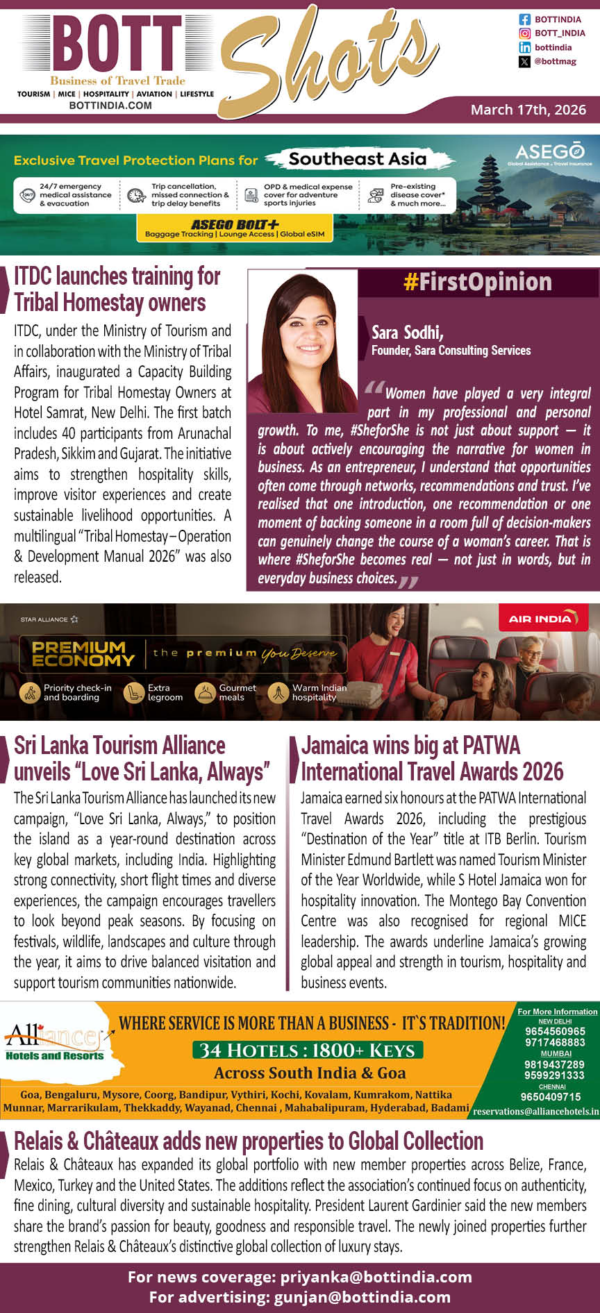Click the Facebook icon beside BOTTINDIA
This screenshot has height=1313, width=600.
525,19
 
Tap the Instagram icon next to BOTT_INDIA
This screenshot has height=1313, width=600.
525,33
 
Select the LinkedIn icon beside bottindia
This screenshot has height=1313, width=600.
525,47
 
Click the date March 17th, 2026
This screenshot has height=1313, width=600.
528,110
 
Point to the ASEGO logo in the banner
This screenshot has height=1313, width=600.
549,153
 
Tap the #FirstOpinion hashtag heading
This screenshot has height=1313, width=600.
477,283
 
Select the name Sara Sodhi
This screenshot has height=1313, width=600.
407,333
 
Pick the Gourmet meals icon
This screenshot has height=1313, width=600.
206,692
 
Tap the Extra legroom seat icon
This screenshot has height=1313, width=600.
133,692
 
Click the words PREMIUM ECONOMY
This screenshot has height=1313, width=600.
83,653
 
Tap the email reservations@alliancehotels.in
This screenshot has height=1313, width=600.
535,1111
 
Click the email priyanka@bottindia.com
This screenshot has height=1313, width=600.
376,1277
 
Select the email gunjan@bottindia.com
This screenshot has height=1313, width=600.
362,1296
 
